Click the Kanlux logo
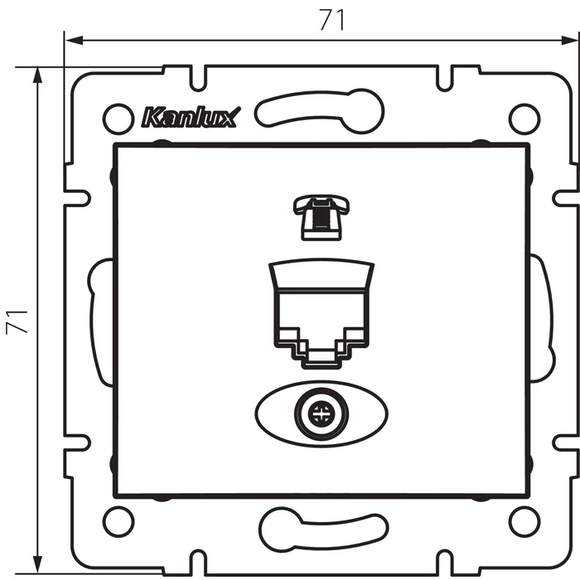191,118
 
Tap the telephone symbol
321,219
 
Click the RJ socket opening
321,328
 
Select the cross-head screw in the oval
321,414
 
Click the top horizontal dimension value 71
331,20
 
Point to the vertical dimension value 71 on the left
17,321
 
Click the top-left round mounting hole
118,118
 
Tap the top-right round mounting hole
524,118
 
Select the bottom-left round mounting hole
118,521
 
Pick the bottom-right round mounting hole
524,521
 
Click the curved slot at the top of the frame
319,110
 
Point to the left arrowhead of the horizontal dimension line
74,41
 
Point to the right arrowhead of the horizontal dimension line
570,41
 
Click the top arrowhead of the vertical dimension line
37,76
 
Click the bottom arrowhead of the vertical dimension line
37,565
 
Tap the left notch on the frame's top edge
198,79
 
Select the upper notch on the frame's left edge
77,198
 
